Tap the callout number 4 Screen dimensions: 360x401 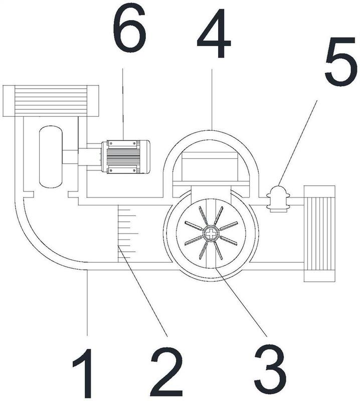point(214,34)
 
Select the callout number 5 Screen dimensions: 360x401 point(340,62)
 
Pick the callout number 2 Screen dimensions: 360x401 point(166,374)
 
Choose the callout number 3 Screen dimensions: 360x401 point(270,372)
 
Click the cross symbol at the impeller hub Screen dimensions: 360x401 point(211,233)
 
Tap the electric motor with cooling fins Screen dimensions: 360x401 point(125,157)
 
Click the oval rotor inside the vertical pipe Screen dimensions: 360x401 point(51,156)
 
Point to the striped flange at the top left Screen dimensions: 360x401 point(51,101)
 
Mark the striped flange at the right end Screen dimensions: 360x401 point(319,234)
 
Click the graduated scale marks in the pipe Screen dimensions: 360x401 point(128,233)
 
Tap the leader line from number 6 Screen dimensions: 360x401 point(123,104)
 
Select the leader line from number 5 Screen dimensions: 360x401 point(297,143)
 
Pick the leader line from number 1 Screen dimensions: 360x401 point(87,303)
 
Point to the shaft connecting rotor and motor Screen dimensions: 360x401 point(70,157)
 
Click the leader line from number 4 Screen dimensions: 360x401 point(212,99)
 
